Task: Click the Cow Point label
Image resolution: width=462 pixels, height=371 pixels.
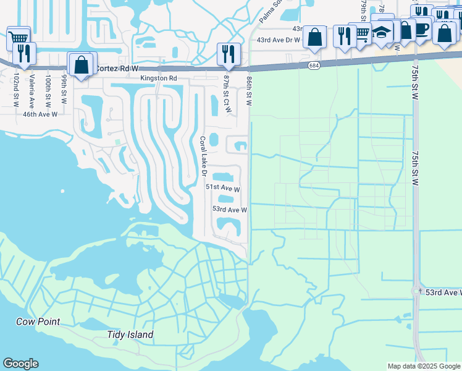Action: [38, 322]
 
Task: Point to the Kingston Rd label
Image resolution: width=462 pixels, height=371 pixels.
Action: [158, 79]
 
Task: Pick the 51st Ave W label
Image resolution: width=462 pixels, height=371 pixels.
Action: [222, 187]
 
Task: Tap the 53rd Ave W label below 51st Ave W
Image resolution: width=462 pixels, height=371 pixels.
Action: [230, 210]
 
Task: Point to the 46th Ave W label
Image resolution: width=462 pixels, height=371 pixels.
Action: [40, 114]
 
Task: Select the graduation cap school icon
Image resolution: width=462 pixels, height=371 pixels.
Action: [382, 33]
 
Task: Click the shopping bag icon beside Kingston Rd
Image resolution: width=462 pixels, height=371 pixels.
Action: [81, 64]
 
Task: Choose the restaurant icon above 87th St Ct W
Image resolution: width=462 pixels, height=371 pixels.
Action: [229, 54]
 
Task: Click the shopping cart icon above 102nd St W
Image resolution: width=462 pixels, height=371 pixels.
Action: [18, 38]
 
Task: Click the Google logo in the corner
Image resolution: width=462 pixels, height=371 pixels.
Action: [20, 364]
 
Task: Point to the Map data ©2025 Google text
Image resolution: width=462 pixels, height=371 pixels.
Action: [423, 366]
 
